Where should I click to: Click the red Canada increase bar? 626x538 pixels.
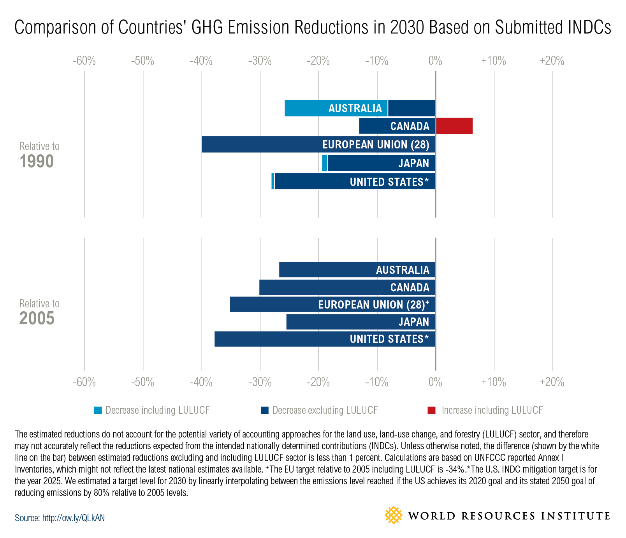point(454,126)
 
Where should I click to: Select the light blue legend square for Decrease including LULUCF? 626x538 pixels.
point(98,410)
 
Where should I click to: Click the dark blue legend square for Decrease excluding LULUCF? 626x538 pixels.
point(265,410)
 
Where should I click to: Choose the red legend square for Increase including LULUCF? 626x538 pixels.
point(431,410)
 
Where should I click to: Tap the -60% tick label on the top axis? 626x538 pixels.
point(84,61)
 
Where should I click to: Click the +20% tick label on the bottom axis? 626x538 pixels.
point(552,382)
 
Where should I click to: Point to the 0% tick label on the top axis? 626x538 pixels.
point(435,61)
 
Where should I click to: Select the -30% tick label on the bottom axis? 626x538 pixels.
point(260,382)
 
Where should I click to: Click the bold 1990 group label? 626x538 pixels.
point(37,162)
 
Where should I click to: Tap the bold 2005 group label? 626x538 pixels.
point(37,319)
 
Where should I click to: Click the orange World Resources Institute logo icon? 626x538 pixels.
point(393,515)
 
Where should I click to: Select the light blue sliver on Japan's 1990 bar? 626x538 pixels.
point(325,163)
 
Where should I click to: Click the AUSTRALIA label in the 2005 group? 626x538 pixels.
point(403,270)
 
